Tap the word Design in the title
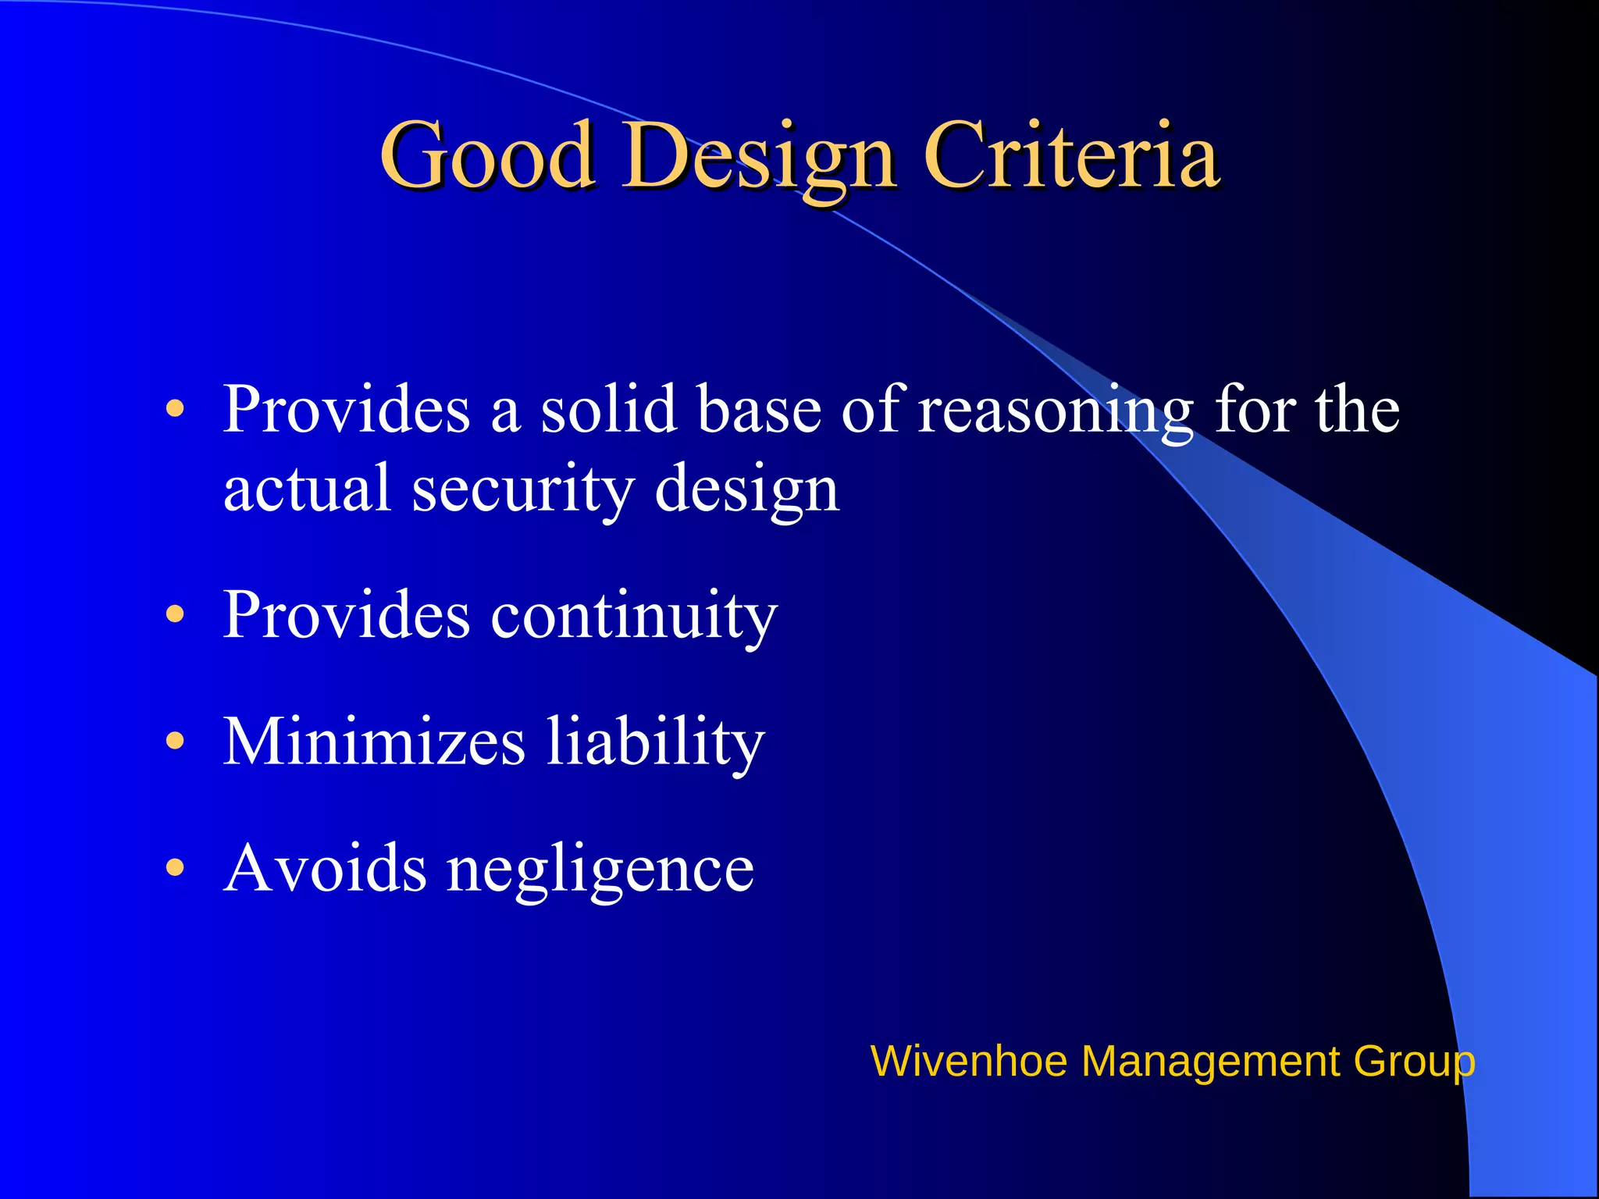(x=757, y=156)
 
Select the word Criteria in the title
(x=1070, y=156)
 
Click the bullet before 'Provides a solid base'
(x=176, y=409)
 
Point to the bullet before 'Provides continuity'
(x=176, y=614)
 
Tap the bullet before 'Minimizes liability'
(x=176, y=741)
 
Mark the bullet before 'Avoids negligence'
(x=176, y=868)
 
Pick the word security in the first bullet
(x=522, y=489)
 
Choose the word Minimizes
(x=374, y=741)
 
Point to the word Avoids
(x=325, y=868)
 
